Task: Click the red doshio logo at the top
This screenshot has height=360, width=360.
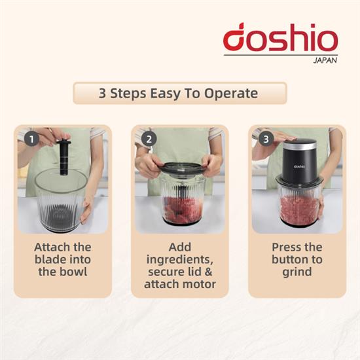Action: [280, 37]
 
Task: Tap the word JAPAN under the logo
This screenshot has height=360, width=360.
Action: [325, 60]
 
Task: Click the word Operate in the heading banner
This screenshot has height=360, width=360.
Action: [231, 93]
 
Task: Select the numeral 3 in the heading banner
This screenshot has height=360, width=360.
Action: [102, 94]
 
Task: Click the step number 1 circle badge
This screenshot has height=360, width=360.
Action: [31, 139]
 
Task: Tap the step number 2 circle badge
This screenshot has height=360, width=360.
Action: [149, 139]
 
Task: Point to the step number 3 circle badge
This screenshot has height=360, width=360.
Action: [266, 139]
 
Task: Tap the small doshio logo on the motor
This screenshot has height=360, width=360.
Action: [299, 166]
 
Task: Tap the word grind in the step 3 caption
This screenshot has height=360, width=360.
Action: [297, 272]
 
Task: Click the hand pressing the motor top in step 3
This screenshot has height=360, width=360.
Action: [276, 137]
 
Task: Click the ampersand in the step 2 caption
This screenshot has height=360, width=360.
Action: [208, 272]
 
